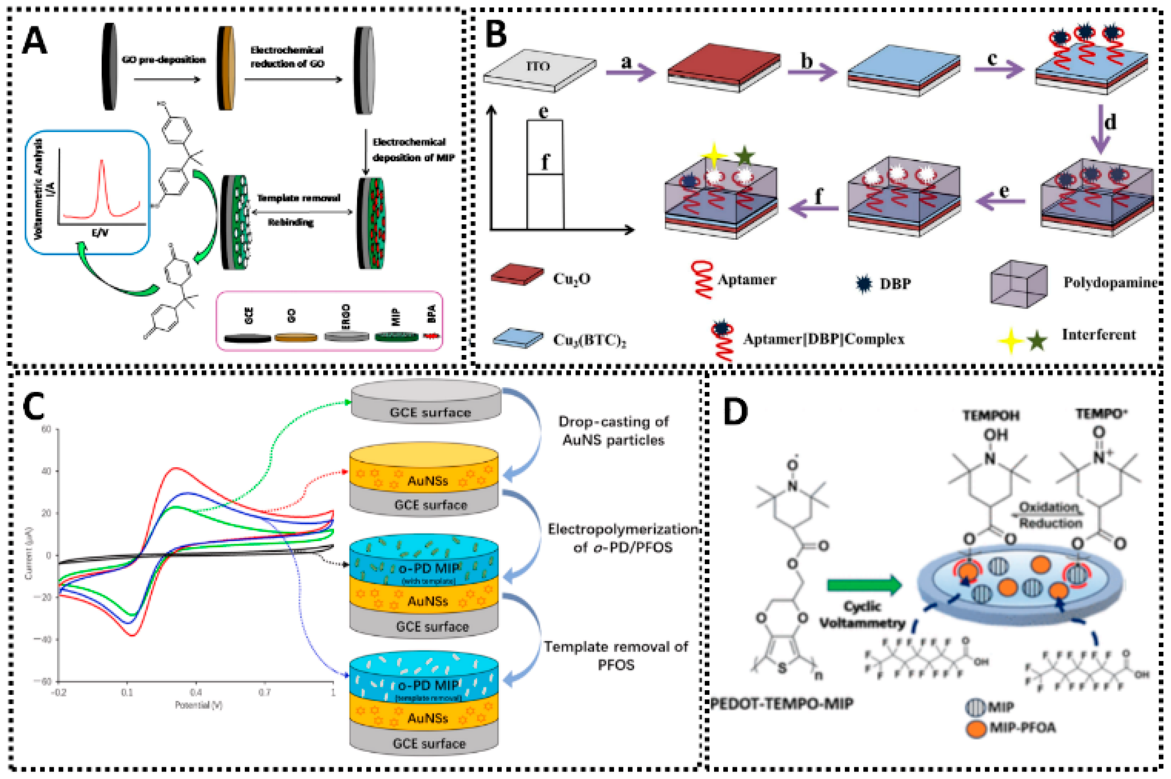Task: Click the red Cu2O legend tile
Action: [x=517, y=275]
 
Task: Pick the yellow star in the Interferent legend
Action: [x=1011, y=341]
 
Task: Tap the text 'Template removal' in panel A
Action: [x=298, y=198]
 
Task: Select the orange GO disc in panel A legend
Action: [x=295, y=338]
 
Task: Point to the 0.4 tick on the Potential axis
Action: [x=196, y=692]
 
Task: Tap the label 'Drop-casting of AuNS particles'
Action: [x=613, y=431]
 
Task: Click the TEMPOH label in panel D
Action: [x=991, y=415]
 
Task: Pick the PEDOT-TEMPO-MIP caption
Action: [x=782, y=704]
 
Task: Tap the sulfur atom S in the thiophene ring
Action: [x=782, y=669]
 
